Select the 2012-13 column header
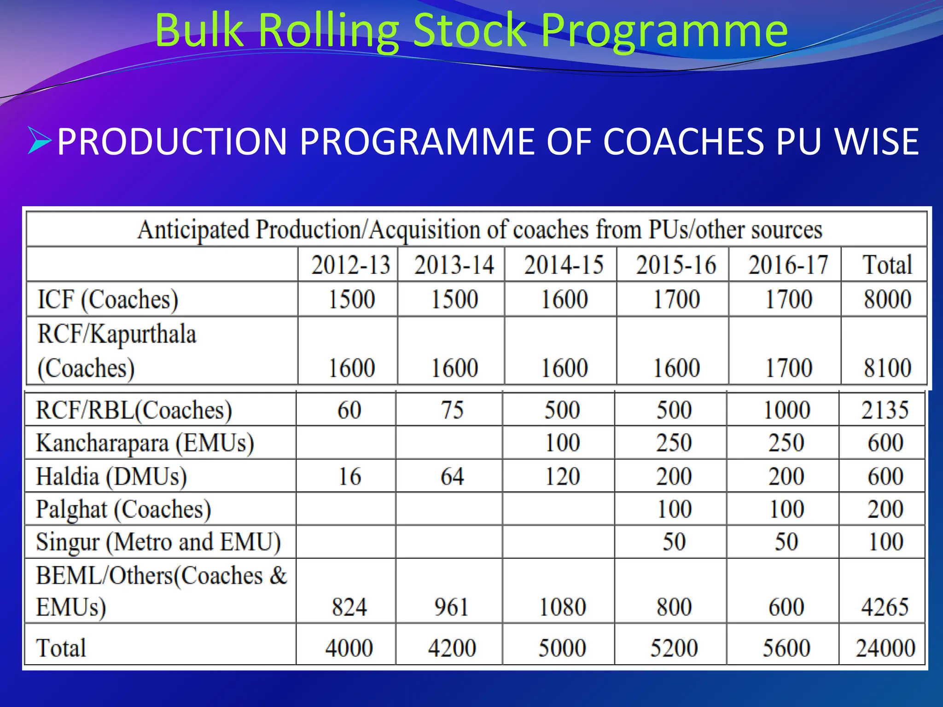tap(350, 265)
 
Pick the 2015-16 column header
tap(675, 265)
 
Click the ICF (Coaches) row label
tap(108, 300)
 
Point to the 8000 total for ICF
tap(887, 300)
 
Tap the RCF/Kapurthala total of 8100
tap(887, 368)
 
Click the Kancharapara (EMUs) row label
tap(145, 443)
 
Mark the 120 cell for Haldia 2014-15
tap(562, 476)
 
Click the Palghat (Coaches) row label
tap(123, 510)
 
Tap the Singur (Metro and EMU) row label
tap(158, 542)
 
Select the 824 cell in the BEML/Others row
tap(349, 607)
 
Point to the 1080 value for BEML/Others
tap(562, 607)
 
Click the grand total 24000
tap(885, 648)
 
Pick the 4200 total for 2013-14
tap(452, 648)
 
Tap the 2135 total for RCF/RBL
tap(885, 410)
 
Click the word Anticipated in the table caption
tap(193, 230)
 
